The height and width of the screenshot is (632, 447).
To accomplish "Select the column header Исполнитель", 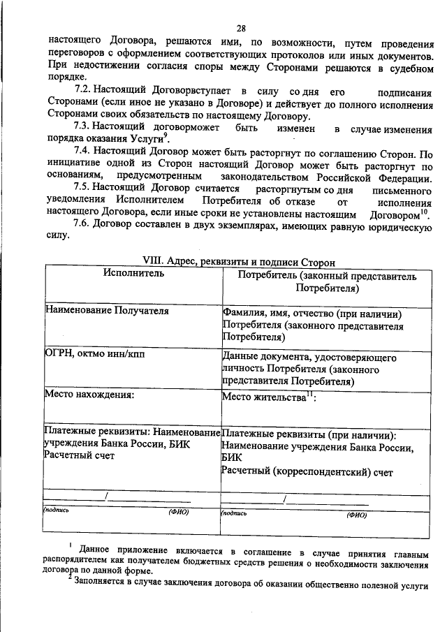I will (x=133, y=274).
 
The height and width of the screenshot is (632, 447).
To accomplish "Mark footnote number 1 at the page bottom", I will (x=71, y=544).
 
